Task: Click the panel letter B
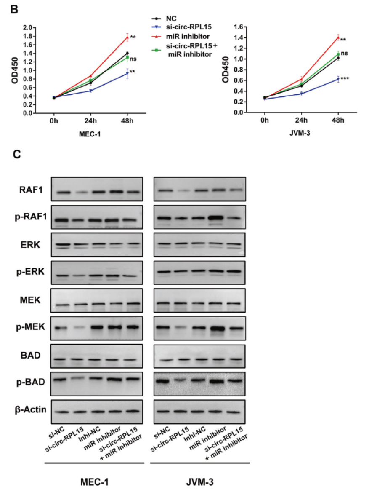point(15,9)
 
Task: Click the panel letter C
point(16,155)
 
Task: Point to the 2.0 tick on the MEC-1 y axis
point(28,27)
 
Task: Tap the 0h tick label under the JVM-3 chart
point(264,121)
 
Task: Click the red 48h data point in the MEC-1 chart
point(127,37)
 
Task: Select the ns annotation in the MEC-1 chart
point(133,59)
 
